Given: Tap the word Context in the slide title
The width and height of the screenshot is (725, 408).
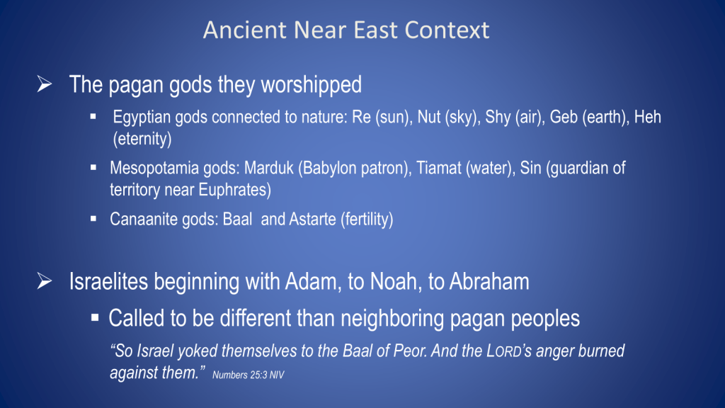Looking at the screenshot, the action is [447, 30].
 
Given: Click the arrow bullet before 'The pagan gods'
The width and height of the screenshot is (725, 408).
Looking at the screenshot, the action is [45, 84].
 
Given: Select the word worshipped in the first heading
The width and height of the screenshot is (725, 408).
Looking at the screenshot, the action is [312, 85].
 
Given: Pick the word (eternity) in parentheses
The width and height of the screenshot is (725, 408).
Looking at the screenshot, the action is [142, 139].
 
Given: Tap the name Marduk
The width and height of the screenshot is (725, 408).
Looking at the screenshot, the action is [268, 168].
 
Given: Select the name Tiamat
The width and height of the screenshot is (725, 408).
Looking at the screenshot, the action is [439, 168].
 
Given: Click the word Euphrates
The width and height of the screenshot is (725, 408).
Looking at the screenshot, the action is [235, 190].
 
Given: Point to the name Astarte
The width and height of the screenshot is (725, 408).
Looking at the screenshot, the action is [312, 220].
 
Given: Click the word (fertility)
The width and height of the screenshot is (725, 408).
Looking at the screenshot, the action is [367, 220].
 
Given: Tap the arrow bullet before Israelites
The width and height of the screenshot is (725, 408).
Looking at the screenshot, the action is [45, 280].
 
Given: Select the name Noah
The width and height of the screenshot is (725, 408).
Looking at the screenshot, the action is [396, 282].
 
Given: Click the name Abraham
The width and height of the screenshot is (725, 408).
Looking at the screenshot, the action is [489, 282].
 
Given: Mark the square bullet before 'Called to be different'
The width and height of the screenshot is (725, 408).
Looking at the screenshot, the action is [95, 317].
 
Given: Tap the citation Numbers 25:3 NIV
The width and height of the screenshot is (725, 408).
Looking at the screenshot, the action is [249, 375].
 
